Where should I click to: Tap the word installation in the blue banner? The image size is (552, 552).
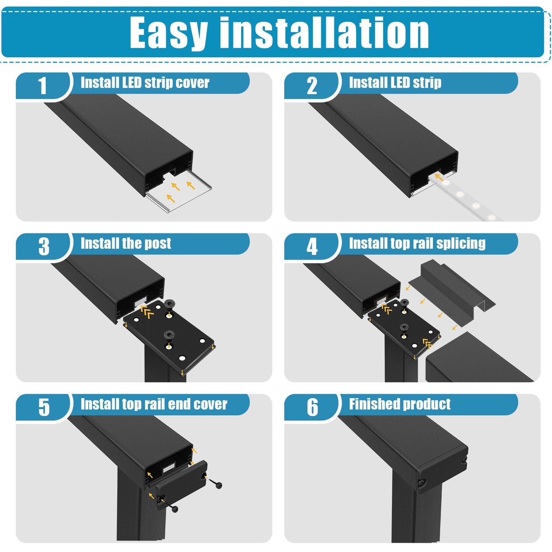point(324,32)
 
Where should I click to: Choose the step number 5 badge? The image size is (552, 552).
point(44,407)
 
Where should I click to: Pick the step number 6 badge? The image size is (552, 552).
point(312,407)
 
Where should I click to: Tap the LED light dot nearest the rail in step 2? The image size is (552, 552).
point(446,182)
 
